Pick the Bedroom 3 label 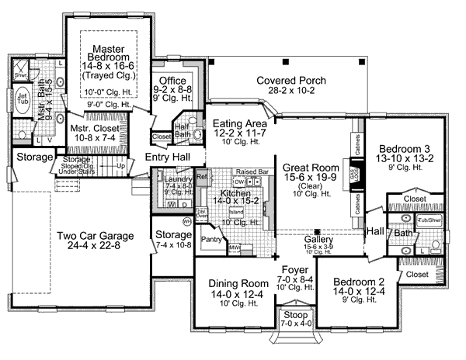click(406, 149)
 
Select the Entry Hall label click(169, 157)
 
